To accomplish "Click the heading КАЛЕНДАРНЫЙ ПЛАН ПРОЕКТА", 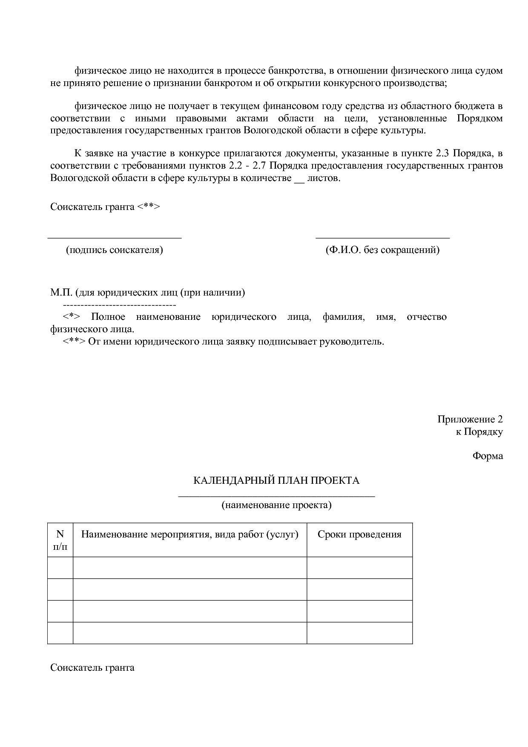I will pyautogui.click(x=276, y=480).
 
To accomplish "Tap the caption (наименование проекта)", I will pyautogui.click(x=276, y=505).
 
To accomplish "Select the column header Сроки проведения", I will pyautogui.click(x=359, y=534).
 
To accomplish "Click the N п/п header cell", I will pyautogui.click(x=60, y=540).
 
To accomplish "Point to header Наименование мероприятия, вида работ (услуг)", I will pyautogui.click(x=189, y=534).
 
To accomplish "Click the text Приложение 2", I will pyautogui.click(x=470, y=419).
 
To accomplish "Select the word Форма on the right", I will pyautogui.click(x=488, y=456).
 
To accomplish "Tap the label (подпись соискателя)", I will pyautogui.click(x=114, y=250).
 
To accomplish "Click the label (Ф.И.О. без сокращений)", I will pyautogui.click(x=382, y=250).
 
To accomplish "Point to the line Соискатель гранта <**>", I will pyautogui.click(x=105, y=207).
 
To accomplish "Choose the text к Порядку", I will pyautogui.click(x=479, y=431).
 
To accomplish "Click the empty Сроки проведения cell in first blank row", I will pyautogui.click(x=359, y=567).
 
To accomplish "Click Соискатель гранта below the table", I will pyautogui.click(x=92, y=667).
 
